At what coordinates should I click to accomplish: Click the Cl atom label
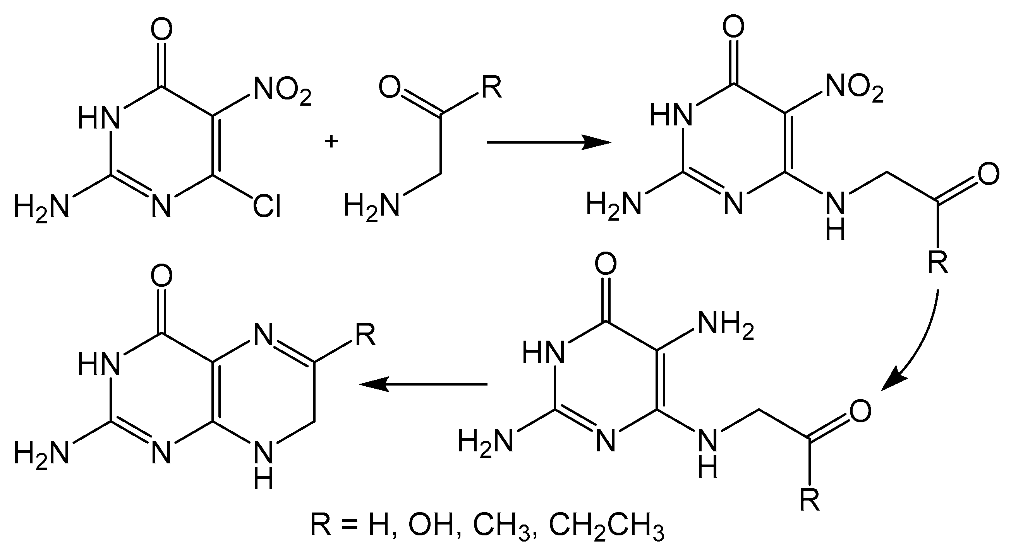coord(266,207)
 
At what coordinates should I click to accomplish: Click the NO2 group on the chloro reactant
coord(282,91)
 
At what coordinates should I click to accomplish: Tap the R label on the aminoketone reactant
coord(492,89)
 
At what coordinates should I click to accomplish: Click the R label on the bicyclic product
coord(366,336)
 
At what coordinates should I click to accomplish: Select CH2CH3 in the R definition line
coord(606,525)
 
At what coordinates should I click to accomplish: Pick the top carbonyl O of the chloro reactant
coord(161,28)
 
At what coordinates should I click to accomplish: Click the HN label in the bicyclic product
coord(98,364)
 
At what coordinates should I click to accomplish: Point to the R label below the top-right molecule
coord(938,262)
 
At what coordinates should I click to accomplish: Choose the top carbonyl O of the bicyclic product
coord(161,275)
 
